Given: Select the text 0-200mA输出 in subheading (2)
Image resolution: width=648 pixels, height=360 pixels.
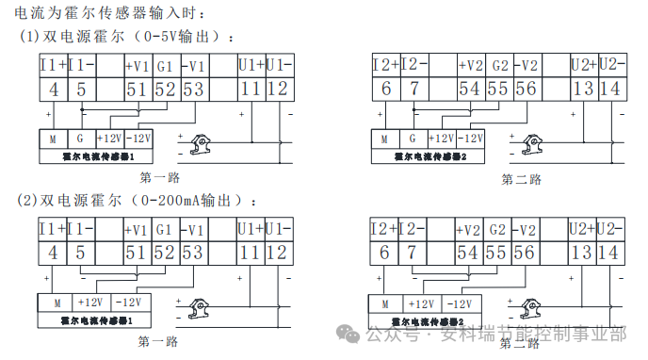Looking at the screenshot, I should (x=188, y=201).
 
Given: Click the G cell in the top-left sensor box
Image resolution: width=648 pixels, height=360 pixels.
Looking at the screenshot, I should (x=80, y=138).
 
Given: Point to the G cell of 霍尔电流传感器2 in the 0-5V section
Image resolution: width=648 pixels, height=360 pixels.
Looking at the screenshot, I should (x=412, y=138).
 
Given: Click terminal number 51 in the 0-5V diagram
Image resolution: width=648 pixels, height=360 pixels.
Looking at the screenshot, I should (x=137, y=90).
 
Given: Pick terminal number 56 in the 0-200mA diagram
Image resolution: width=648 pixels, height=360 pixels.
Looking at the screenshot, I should (x=525, y=253).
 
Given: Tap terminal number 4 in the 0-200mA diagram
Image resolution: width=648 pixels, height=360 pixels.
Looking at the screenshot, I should (x=53, y=253).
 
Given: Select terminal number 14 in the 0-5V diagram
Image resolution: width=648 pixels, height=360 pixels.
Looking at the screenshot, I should (x=609, y=90).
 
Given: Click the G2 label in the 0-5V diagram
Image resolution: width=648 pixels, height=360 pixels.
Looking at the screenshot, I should (x=499, y=66).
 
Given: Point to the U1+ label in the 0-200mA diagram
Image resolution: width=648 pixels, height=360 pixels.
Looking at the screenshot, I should (x=250, y=229).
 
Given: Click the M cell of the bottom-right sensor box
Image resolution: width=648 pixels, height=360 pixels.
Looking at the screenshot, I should (x=386, y=303).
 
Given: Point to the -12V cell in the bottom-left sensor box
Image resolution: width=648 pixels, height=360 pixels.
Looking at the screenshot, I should (x=129, y=303).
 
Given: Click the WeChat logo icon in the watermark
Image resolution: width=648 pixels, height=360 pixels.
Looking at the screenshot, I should (x=349, y=334).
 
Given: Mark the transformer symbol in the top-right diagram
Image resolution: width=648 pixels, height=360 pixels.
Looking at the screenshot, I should (x=530, y=144).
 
